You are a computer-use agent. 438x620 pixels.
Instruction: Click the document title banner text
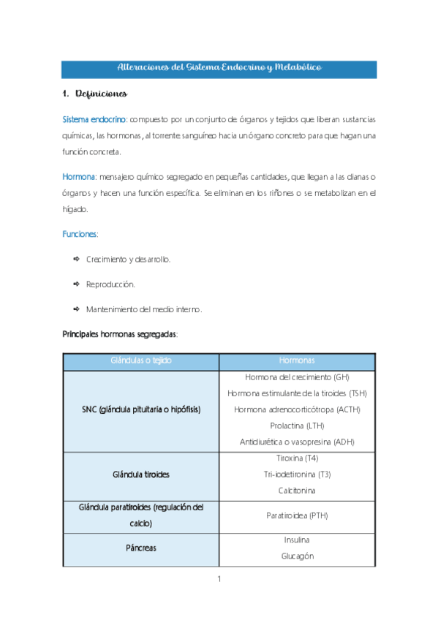[x=219, y=68]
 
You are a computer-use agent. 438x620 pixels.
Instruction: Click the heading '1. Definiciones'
[x=95, y=94]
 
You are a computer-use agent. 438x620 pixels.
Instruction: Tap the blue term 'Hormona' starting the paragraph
[x=78, y=177]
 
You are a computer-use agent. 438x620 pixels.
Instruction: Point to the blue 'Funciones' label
[x=80, y=234]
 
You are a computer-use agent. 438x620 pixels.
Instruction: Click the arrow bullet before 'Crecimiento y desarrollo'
[x=75, y=259]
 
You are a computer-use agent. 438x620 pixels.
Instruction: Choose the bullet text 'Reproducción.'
[x=110, y=284]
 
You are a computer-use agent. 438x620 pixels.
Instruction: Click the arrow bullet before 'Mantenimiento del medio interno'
[x=75, y=309]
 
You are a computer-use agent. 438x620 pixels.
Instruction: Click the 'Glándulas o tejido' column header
[x=141, y=362]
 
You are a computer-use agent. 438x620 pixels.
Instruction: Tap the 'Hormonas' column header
[x=297, y=362]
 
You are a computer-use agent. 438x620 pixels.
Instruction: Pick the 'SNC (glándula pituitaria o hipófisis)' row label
[x=141, y=409]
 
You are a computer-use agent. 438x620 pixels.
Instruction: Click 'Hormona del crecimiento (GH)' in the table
[x=297, y=377]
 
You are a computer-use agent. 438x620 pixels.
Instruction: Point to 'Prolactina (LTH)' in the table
[x=297, y=426]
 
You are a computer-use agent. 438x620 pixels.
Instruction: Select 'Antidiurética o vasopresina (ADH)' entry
[x=297, y=442]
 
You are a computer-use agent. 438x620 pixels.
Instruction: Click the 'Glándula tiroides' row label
[x=141, y=474]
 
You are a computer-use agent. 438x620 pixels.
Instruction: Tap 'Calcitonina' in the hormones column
[x=297, y=490]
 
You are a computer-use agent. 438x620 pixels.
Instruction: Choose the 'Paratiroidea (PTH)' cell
[x=297, y=515]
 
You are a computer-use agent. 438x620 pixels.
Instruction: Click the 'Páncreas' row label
[x=141, y=547]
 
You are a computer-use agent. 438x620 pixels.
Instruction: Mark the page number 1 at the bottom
[x=219, y=579]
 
